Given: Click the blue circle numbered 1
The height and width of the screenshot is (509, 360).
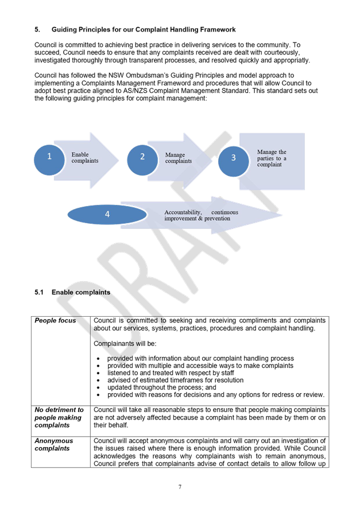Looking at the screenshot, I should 49,156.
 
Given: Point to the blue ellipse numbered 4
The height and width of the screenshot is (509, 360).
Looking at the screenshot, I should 107,214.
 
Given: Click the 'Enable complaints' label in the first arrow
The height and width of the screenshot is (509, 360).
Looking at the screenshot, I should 84,158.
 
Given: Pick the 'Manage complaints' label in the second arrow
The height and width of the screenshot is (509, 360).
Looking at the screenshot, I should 179,158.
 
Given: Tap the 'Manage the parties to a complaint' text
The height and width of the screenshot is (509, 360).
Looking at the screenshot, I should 272,158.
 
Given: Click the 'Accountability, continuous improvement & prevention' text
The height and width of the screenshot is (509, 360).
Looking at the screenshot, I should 201,215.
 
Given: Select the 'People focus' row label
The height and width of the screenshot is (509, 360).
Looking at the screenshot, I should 55,320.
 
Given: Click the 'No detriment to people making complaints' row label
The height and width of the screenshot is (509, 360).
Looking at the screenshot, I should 59,417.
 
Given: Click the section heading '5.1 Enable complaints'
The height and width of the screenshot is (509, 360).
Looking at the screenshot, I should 72,293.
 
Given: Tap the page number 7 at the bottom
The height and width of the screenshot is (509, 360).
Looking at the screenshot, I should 180,487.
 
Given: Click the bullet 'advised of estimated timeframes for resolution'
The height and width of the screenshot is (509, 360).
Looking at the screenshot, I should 175,380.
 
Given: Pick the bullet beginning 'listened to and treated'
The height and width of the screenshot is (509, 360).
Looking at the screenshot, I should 167,372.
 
